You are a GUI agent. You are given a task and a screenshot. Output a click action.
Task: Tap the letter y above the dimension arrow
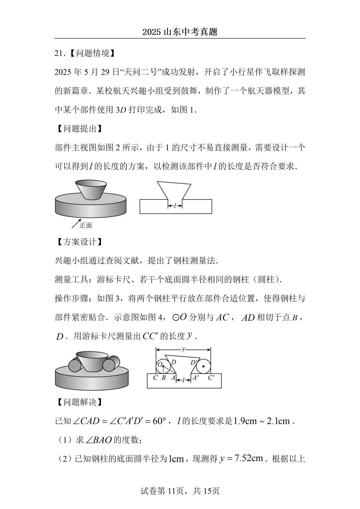pos(183,349)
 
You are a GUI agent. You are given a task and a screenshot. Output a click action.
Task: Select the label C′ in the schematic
pos(211,378)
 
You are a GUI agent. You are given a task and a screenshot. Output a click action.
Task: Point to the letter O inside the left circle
pos(160,364)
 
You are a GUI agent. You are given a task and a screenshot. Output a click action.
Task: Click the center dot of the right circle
pos(203,367)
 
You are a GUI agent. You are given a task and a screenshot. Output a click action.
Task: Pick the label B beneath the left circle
pos(163,378)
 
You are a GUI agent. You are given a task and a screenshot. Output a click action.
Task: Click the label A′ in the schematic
pos(196,378)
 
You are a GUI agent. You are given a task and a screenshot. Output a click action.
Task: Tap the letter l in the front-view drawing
pos(175,206)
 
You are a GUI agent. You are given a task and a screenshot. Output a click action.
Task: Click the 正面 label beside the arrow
pos(86,225)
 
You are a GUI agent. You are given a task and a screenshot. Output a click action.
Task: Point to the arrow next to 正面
pos(76,223)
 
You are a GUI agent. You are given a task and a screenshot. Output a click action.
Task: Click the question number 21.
pos(59,53)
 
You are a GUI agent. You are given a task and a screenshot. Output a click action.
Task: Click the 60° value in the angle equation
pos(159,421)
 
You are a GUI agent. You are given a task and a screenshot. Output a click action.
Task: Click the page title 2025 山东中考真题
pos(180,32)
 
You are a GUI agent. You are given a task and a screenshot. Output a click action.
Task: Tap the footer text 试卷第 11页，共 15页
pos(180,491)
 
